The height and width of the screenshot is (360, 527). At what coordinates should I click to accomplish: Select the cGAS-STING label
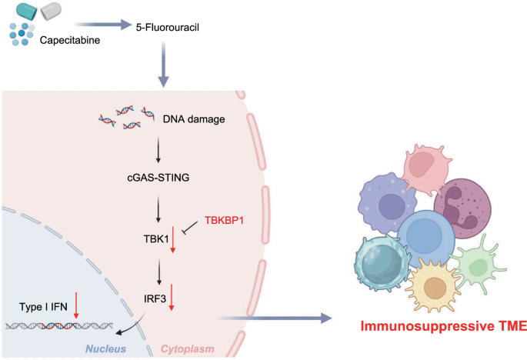pos(158,178)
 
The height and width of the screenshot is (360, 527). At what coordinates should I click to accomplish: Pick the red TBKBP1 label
pos(228,220)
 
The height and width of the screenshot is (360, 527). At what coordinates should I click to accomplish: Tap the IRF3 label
pos(152,295)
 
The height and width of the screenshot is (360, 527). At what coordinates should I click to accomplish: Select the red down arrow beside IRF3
pos(172,296)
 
